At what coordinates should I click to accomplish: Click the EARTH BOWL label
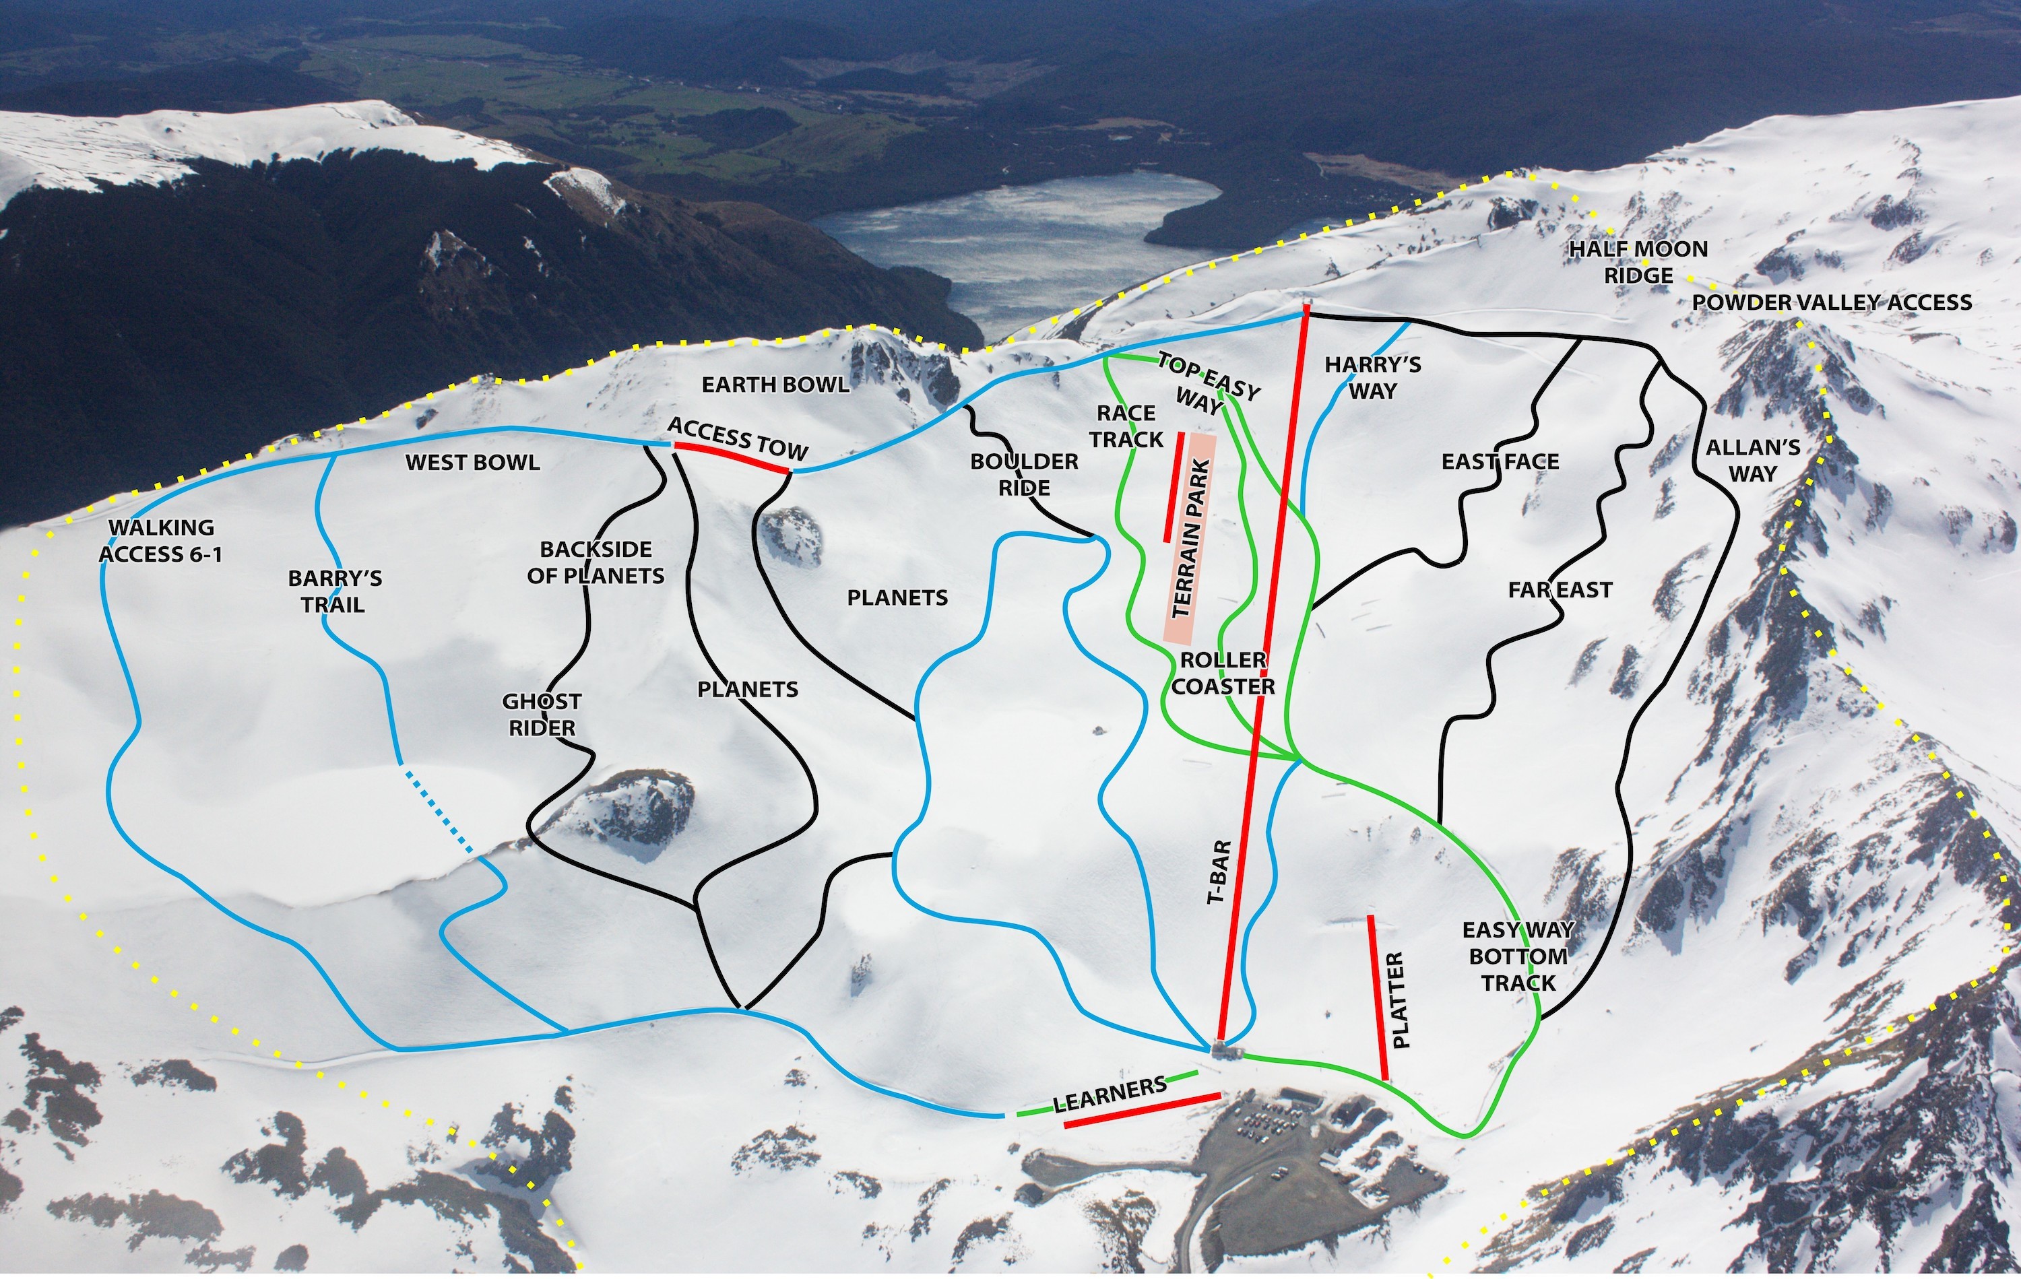click(775, 385)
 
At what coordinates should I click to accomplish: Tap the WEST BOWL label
click(472, 463)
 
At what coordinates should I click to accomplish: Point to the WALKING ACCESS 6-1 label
click(161, 540)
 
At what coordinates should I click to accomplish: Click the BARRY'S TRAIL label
click(334, 591)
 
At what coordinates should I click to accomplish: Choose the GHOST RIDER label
click(542, 714)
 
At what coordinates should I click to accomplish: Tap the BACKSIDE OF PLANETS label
click(596, 562)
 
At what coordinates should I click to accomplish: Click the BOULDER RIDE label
click(1024, 474)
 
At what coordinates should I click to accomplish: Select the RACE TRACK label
click(1126, 426)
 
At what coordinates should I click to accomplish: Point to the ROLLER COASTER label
click(1223, 673)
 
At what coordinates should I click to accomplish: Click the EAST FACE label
click(1500, 461)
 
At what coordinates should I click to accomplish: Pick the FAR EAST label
click(1560, 590)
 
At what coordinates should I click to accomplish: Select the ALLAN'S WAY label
click(1752, 460)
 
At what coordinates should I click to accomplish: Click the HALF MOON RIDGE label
click(1638, 262)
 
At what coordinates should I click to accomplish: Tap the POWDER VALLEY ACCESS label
click(1831, 302)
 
